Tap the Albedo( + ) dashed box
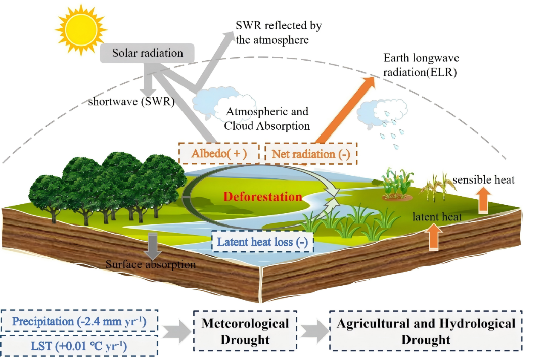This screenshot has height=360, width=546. [219, 154]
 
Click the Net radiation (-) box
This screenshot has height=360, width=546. [310, 154]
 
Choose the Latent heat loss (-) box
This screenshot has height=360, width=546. [262, 242]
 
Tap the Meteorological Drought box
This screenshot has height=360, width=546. [245, 331]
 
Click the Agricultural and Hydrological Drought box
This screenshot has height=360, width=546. [426, 331]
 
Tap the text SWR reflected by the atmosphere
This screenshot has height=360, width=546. [279, 32]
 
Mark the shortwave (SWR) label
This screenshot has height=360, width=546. [131, 101]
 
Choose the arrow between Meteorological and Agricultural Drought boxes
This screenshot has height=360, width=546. [313, 331]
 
